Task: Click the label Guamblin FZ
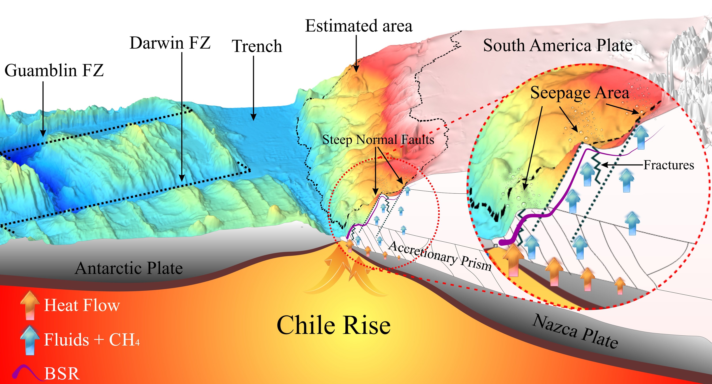54,70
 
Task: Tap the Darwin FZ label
170,43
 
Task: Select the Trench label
257,46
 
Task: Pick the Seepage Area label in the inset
580,93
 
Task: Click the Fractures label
669,165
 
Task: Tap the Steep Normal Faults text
378,139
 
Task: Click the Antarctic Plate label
129,268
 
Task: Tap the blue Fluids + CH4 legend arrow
30,340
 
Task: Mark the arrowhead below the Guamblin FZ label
43,133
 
